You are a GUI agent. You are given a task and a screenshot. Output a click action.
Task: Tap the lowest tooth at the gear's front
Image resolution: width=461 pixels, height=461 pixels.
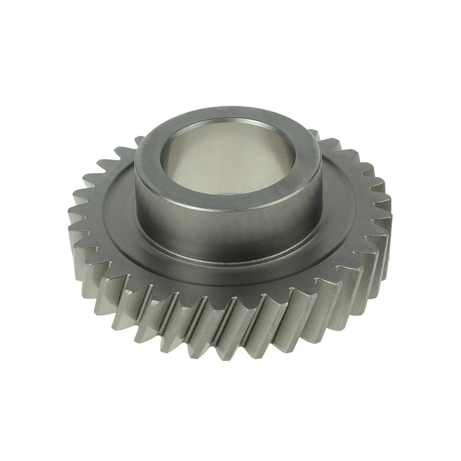point(231,352)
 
